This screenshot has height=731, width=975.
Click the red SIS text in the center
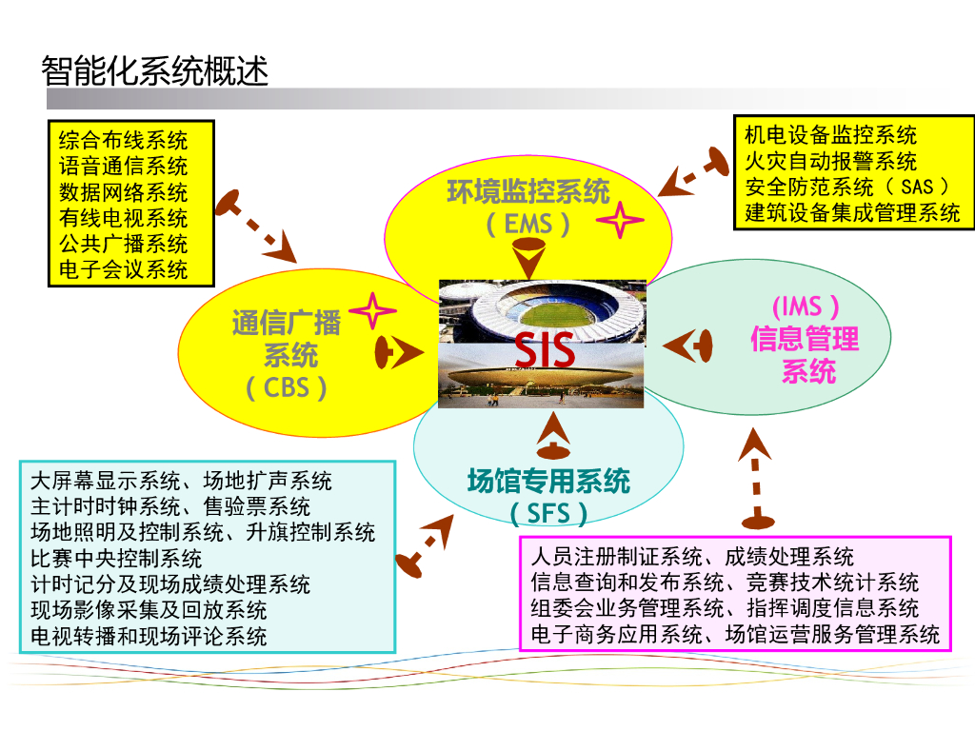[x=546, y=349]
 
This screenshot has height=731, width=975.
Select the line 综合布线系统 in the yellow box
[x=123, y=141]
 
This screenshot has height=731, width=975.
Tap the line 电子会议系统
[x=123, y=269]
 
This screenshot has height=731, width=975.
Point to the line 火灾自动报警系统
[x=830, y=161]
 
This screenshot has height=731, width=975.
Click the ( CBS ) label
[x=287, y=388]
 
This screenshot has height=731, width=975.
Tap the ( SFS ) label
[x=548, y=514]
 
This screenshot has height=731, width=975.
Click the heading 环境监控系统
[x=528, y=192]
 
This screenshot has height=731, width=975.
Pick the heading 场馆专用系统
[x=548, y=481]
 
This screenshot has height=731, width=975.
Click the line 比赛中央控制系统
[x=116, y=558]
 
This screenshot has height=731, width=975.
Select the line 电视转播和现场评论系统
[x=149, y=636]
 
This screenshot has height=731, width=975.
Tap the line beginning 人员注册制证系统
[x=692, y=557]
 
